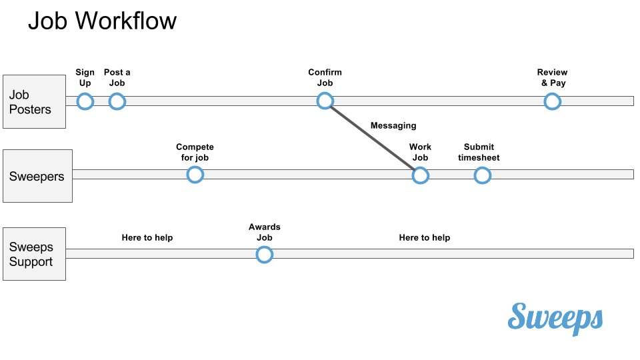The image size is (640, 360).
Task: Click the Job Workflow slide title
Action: click(102, 21)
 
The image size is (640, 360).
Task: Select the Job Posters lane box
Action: click(34, 101)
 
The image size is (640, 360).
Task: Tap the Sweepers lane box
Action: click(37, 176)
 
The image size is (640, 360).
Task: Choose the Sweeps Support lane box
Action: click(34, 254)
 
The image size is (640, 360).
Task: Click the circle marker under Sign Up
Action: click(85, 101)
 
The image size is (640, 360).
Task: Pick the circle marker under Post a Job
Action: click(117, 101)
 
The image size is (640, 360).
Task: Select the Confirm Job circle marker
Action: click(325, 101)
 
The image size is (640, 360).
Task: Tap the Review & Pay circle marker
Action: click(552, 101)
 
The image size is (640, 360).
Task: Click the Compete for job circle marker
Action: click(195, 175)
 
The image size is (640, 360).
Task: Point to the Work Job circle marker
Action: click(420, 175)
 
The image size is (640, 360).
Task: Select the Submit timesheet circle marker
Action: click(482, 175)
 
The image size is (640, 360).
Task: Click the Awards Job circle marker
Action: click(265, 255)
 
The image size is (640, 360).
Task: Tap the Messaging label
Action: click(393, 125)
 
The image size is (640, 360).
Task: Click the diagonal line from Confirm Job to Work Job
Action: click(372, 138)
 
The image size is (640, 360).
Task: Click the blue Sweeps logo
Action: click(555, 317)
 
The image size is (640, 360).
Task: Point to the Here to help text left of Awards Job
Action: click(147, 238)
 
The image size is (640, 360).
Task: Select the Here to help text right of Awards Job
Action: click(425, 238)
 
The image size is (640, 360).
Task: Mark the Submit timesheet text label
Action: click(479, 153)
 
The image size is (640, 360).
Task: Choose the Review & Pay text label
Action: click(553, 78)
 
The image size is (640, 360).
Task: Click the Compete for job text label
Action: click(195, 153)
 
